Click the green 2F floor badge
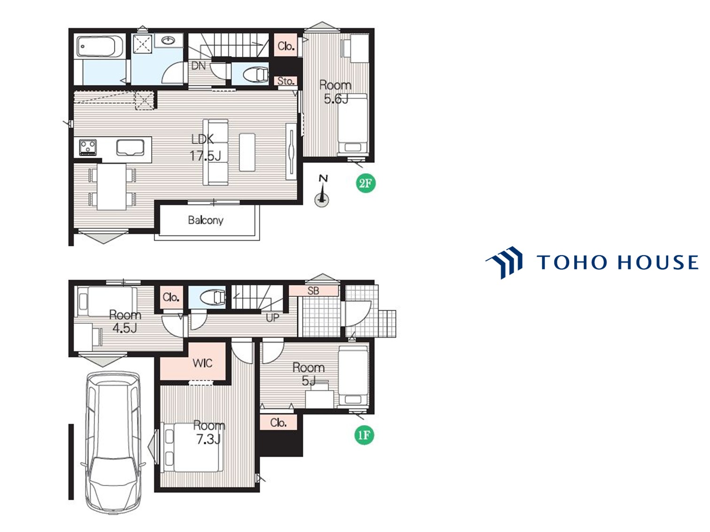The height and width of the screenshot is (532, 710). click(365, 183)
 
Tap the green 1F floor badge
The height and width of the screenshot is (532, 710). click(364, 435)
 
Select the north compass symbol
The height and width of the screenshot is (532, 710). click(322, 192)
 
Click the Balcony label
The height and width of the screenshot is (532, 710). click(206, 220)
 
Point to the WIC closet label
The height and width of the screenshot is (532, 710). click(202, 364)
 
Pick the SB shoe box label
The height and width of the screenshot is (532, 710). click(313, 291)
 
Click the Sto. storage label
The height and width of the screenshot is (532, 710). click(286, 81)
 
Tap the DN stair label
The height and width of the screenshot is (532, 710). click(198, 66)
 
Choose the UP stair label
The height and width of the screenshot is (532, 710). click(272, 318)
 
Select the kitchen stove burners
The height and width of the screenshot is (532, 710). click(88, 148)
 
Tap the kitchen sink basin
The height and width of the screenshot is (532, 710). click(131, 148)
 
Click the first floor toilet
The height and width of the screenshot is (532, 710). click(213, 297)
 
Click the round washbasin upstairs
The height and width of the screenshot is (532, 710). click(168, 40)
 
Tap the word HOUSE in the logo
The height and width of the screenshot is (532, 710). click(658, 262)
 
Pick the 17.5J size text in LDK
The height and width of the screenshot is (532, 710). click(205, 156)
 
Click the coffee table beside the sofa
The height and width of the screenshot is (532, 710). click(247, 152)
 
